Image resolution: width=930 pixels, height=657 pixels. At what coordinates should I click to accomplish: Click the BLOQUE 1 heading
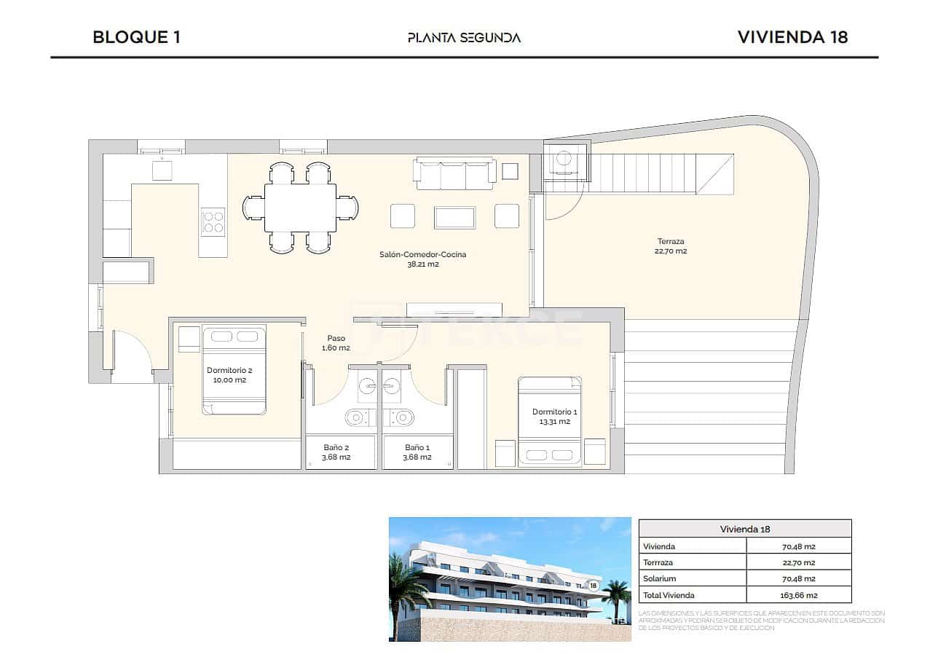pos(136,37)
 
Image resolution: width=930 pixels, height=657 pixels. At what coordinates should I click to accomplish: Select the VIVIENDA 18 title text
pos(792,37)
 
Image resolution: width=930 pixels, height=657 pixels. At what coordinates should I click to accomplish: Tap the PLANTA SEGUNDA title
pos(464,38)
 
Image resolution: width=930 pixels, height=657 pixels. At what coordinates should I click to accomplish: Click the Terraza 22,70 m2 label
pos(671,246)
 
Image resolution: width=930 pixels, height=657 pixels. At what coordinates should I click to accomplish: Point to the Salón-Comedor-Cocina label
pos(422,259)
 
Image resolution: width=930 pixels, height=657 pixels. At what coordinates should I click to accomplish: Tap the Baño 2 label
pos(336,452)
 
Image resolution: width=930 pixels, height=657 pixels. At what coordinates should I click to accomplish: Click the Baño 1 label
pos(417,452)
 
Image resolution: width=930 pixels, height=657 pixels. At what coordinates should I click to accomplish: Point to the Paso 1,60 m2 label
pos(336,343)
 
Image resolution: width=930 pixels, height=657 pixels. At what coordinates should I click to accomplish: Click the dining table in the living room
pos(300,208)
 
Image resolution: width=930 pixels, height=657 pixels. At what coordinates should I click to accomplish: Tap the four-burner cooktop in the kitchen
pos(213,221)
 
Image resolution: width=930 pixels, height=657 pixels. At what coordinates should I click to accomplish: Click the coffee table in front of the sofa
pos(454,217)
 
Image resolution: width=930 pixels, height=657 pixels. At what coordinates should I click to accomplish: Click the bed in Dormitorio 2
pos(234,370)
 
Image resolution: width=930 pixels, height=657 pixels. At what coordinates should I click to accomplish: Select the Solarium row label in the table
pos(659,579)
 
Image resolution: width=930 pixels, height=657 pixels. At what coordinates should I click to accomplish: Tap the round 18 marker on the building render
pos(593,585)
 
